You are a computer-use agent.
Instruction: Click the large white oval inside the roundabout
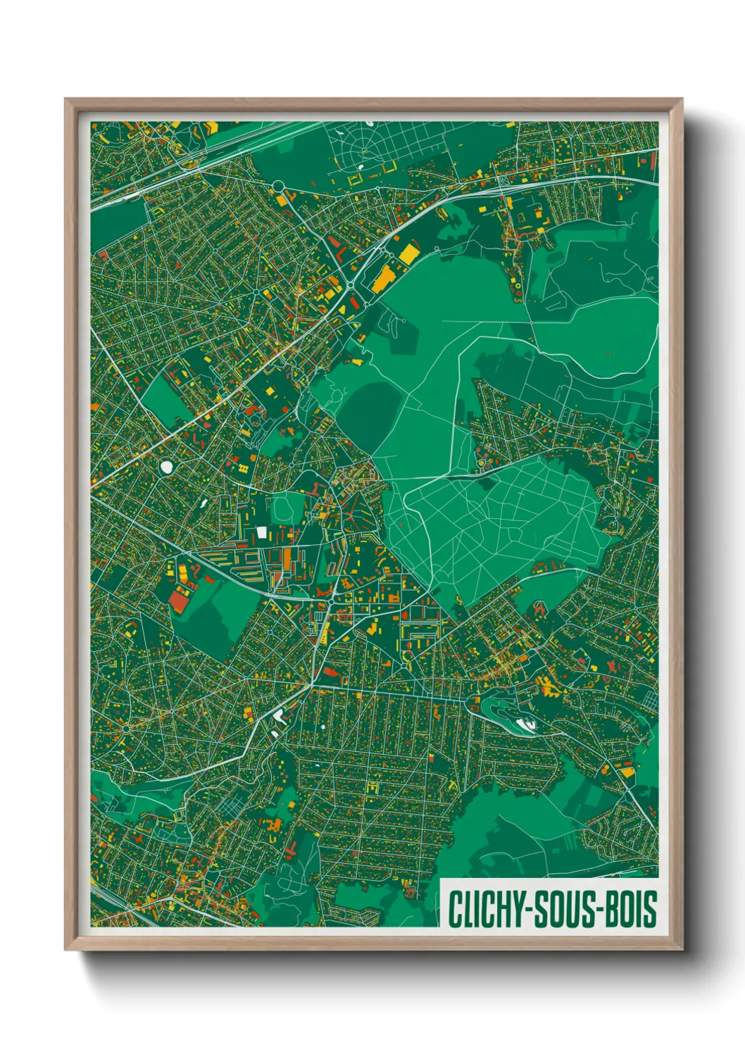167,466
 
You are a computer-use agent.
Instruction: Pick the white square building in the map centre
262,533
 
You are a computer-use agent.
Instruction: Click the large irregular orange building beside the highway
381,279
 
